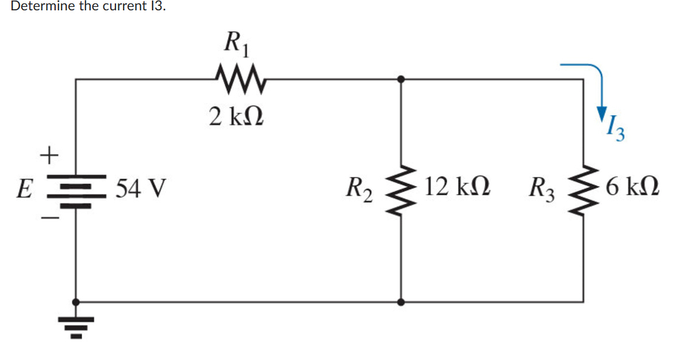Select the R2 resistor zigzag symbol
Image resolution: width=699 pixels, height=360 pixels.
click(400, 188)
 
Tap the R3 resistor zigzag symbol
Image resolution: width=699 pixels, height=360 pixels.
click(584, 188)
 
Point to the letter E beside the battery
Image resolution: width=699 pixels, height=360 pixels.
click(24, 188)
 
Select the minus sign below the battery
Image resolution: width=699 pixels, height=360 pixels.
click(51, 218)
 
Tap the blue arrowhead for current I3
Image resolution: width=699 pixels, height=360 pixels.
click(601, 113)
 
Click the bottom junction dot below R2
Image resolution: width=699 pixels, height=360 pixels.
click(400, 301)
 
